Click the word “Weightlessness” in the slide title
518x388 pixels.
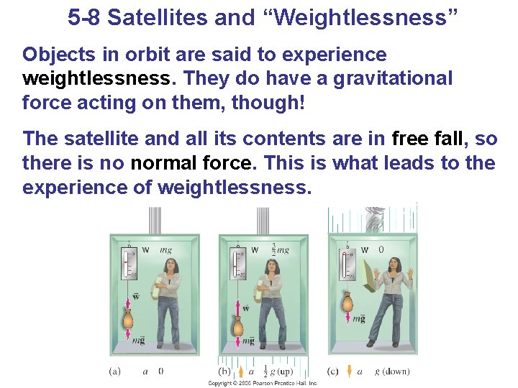tap(376, 17)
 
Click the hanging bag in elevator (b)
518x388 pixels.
tap(237, 324)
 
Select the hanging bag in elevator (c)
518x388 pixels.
tap(347, 301)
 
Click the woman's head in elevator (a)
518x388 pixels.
tap(173, 265)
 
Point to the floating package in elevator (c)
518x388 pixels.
tap(374, 280)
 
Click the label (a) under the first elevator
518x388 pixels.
tap(114, 371)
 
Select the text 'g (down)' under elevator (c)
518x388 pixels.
tap(392, 371)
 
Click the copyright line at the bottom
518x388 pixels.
tap(262, 384)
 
